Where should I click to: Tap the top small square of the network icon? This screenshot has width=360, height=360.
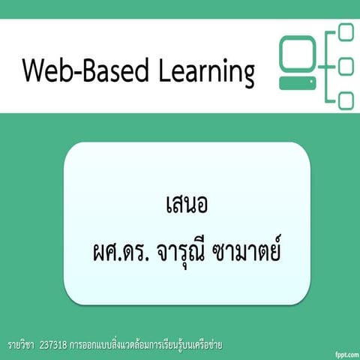coord(346,32)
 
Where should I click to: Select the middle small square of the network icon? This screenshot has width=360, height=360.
coord(346,67)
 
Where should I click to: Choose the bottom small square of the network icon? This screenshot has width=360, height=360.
coord(346,100)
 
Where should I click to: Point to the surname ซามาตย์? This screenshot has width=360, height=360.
coord(247,247)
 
